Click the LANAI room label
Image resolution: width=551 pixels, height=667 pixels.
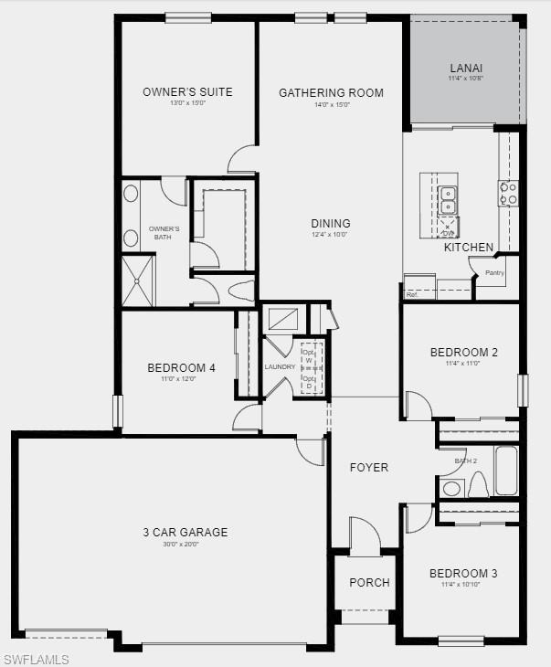(x=466, y=68)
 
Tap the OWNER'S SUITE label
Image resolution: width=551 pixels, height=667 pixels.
(x=187, y=91)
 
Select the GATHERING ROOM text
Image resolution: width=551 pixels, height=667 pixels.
(x=331, y=92)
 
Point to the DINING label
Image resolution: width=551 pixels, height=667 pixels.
(x=330, y=223)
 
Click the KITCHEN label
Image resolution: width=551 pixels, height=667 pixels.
(x=469, y=247)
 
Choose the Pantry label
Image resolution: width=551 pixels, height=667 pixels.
(x=494, y=272)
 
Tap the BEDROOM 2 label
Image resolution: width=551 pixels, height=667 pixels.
(x=463, y=353)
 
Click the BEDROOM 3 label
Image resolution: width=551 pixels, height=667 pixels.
(x=463, y=574)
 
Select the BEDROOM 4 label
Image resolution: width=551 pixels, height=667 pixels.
(x=181, y=368)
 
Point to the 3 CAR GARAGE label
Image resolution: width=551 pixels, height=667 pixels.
(x=185, y=533)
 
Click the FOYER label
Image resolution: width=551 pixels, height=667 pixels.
(x=369, y=467)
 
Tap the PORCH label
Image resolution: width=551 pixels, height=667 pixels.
(x=369, y=582)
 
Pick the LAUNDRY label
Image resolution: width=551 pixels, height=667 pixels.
(x=280, y=367)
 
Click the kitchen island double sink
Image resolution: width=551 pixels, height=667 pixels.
(x=448, y=194)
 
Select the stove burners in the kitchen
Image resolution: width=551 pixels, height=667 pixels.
(x=508, y=194)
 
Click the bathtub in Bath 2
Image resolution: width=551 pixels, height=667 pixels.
(x=506, y=471)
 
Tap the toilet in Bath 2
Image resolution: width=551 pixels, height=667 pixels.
(x=477, y=485)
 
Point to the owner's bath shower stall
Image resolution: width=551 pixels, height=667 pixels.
(x=139, y=281)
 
